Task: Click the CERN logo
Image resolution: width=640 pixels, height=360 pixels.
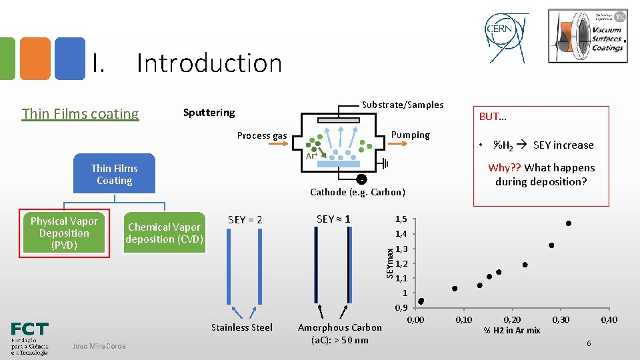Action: click(x=507, y=33)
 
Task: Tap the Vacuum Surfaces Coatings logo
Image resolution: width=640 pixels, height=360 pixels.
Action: click(x=587, y=36)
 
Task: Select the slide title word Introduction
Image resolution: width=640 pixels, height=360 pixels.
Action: click(x=209, y=63)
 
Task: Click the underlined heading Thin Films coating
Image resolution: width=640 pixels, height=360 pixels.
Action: click(x=80, y=114)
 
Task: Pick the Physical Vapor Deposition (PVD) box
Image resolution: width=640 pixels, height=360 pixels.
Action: click(x=64, y=233)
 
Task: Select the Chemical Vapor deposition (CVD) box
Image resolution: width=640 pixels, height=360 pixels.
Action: click(x=164, y=233)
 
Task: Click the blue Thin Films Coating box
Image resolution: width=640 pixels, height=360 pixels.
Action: click(x=114, y=175)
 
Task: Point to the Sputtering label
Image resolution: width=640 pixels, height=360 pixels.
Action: click(x=209, y=113)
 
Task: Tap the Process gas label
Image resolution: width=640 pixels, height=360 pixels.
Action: click(x=262, y=136)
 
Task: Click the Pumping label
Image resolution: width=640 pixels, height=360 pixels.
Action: click(x=410, y=135)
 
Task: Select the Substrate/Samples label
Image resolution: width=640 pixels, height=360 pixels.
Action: click(x=402, y=105)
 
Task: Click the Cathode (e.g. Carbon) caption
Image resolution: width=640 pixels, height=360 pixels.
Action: click(x=357, y=192)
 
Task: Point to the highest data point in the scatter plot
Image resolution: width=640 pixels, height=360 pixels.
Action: click(x=569, y=223)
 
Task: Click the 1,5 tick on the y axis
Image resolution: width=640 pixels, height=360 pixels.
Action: click(x=401, y=219)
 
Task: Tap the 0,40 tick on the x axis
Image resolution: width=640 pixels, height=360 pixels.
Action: click(x=609, y=320)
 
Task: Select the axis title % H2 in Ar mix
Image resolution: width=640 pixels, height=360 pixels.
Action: click(x=512, y=331)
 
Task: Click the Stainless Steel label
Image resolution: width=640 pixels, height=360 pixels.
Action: click(x=241, y=327)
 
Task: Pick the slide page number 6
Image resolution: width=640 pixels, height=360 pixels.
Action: click(x=589, y=343)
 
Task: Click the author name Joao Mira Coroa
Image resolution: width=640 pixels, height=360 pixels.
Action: click(x=99, y=345)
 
